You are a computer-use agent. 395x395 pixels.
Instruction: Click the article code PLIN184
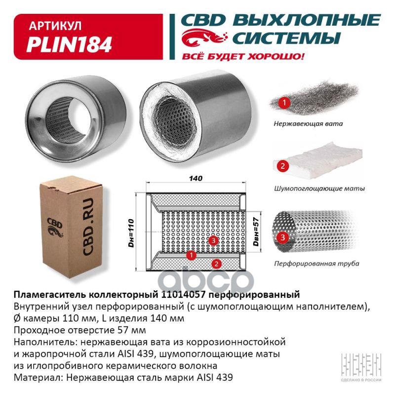click(x=69, y=44)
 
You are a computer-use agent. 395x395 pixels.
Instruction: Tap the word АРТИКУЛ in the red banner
click(x=55, y=26)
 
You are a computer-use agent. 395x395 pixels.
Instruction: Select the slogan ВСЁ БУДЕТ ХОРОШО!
click(x=243, y=56)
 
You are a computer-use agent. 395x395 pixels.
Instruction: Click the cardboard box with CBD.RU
click(x=71, y=227)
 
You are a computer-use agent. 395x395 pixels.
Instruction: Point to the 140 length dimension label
click(x=196, y=178)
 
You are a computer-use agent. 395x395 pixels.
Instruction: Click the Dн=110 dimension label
click(x=131, y=233)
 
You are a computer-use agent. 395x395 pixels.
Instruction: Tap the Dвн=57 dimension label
click(x=256, y=232)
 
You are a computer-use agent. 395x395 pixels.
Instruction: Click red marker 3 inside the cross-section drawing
click(x=213, y=240)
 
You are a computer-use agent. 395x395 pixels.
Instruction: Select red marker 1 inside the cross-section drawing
click(x=191, y=255)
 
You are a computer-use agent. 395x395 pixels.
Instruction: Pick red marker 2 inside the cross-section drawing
click(x=216, y=264)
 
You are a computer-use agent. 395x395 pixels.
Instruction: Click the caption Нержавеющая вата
click(x=308, y=124)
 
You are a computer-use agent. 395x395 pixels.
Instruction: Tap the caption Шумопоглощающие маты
click(x=319, y=189)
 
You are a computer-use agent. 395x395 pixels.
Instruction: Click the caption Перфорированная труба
click(x=316, y=264)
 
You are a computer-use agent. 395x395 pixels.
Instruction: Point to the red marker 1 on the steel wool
click(x=284, y=103)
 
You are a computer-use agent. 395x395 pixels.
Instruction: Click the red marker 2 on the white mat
click(x=282, y=166)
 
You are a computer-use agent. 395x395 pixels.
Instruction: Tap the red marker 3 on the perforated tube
click(x=282, y=237)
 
